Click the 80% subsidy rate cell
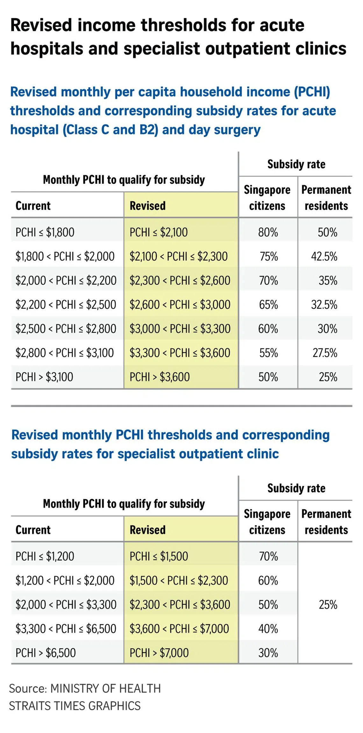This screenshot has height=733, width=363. [268, 232]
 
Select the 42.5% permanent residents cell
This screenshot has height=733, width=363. [324, 256]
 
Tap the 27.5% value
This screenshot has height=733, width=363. [324, 353]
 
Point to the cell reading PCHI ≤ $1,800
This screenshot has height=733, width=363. [45, 232]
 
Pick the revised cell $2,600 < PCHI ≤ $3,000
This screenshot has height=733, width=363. [180, 305]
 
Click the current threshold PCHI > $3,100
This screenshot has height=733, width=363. [44, 377]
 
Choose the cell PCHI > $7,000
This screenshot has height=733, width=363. [159, 653]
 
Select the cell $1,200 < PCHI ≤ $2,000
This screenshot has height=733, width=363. [65, 580]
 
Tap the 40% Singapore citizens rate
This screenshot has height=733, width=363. [268, 629]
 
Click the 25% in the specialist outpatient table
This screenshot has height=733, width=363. [328, 605]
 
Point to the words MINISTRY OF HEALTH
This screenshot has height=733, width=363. [105, 688]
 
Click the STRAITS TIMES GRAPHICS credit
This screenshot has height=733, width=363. [75, 706]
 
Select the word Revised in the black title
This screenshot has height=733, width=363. [41, 25]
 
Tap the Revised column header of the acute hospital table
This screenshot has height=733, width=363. [147, 206]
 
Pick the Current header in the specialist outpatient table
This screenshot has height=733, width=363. [33, 530]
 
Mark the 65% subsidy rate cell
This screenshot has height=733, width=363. [268, 305]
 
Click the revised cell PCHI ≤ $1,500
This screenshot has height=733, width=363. [159, 556]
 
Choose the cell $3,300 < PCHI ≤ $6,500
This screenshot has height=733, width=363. [66, 629]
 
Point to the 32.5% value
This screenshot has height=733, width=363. [324, 305]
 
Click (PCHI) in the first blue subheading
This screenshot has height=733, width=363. [312, 92]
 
